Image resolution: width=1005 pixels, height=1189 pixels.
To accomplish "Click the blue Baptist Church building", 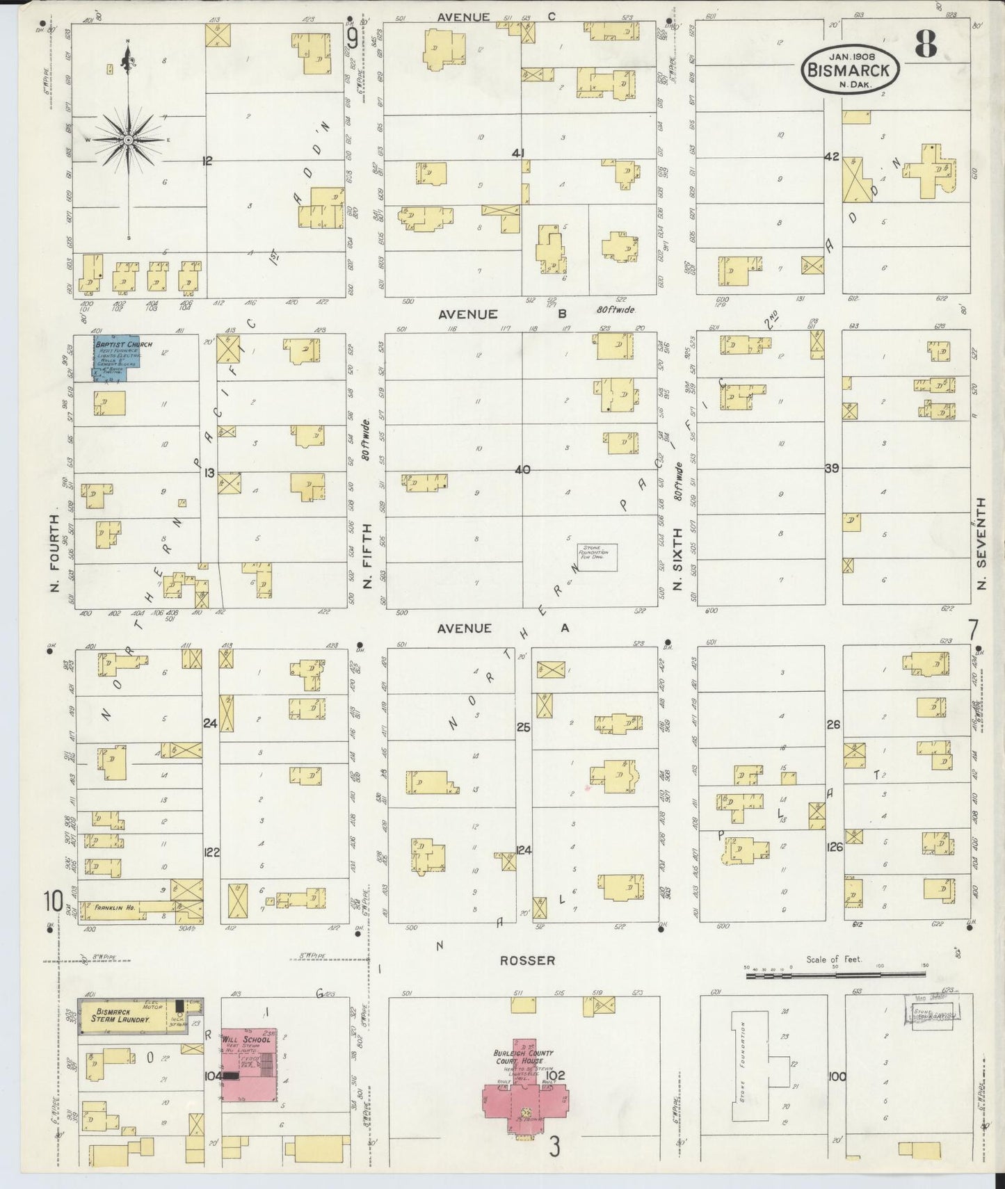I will (118, 357).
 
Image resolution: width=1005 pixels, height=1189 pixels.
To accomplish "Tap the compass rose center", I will (128, 140).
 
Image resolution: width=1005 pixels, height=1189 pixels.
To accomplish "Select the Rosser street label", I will (527, 960).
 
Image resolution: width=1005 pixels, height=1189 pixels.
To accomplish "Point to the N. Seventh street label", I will (981, 543).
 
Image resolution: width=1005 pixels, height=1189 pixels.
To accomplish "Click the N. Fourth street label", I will (55, 553).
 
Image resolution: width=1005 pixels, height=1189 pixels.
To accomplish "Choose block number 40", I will (522, 470).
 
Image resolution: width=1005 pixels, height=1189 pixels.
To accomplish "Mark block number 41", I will (517, 153).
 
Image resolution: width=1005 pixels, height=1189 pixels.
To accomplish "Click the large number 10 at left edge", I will (53, 901).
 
